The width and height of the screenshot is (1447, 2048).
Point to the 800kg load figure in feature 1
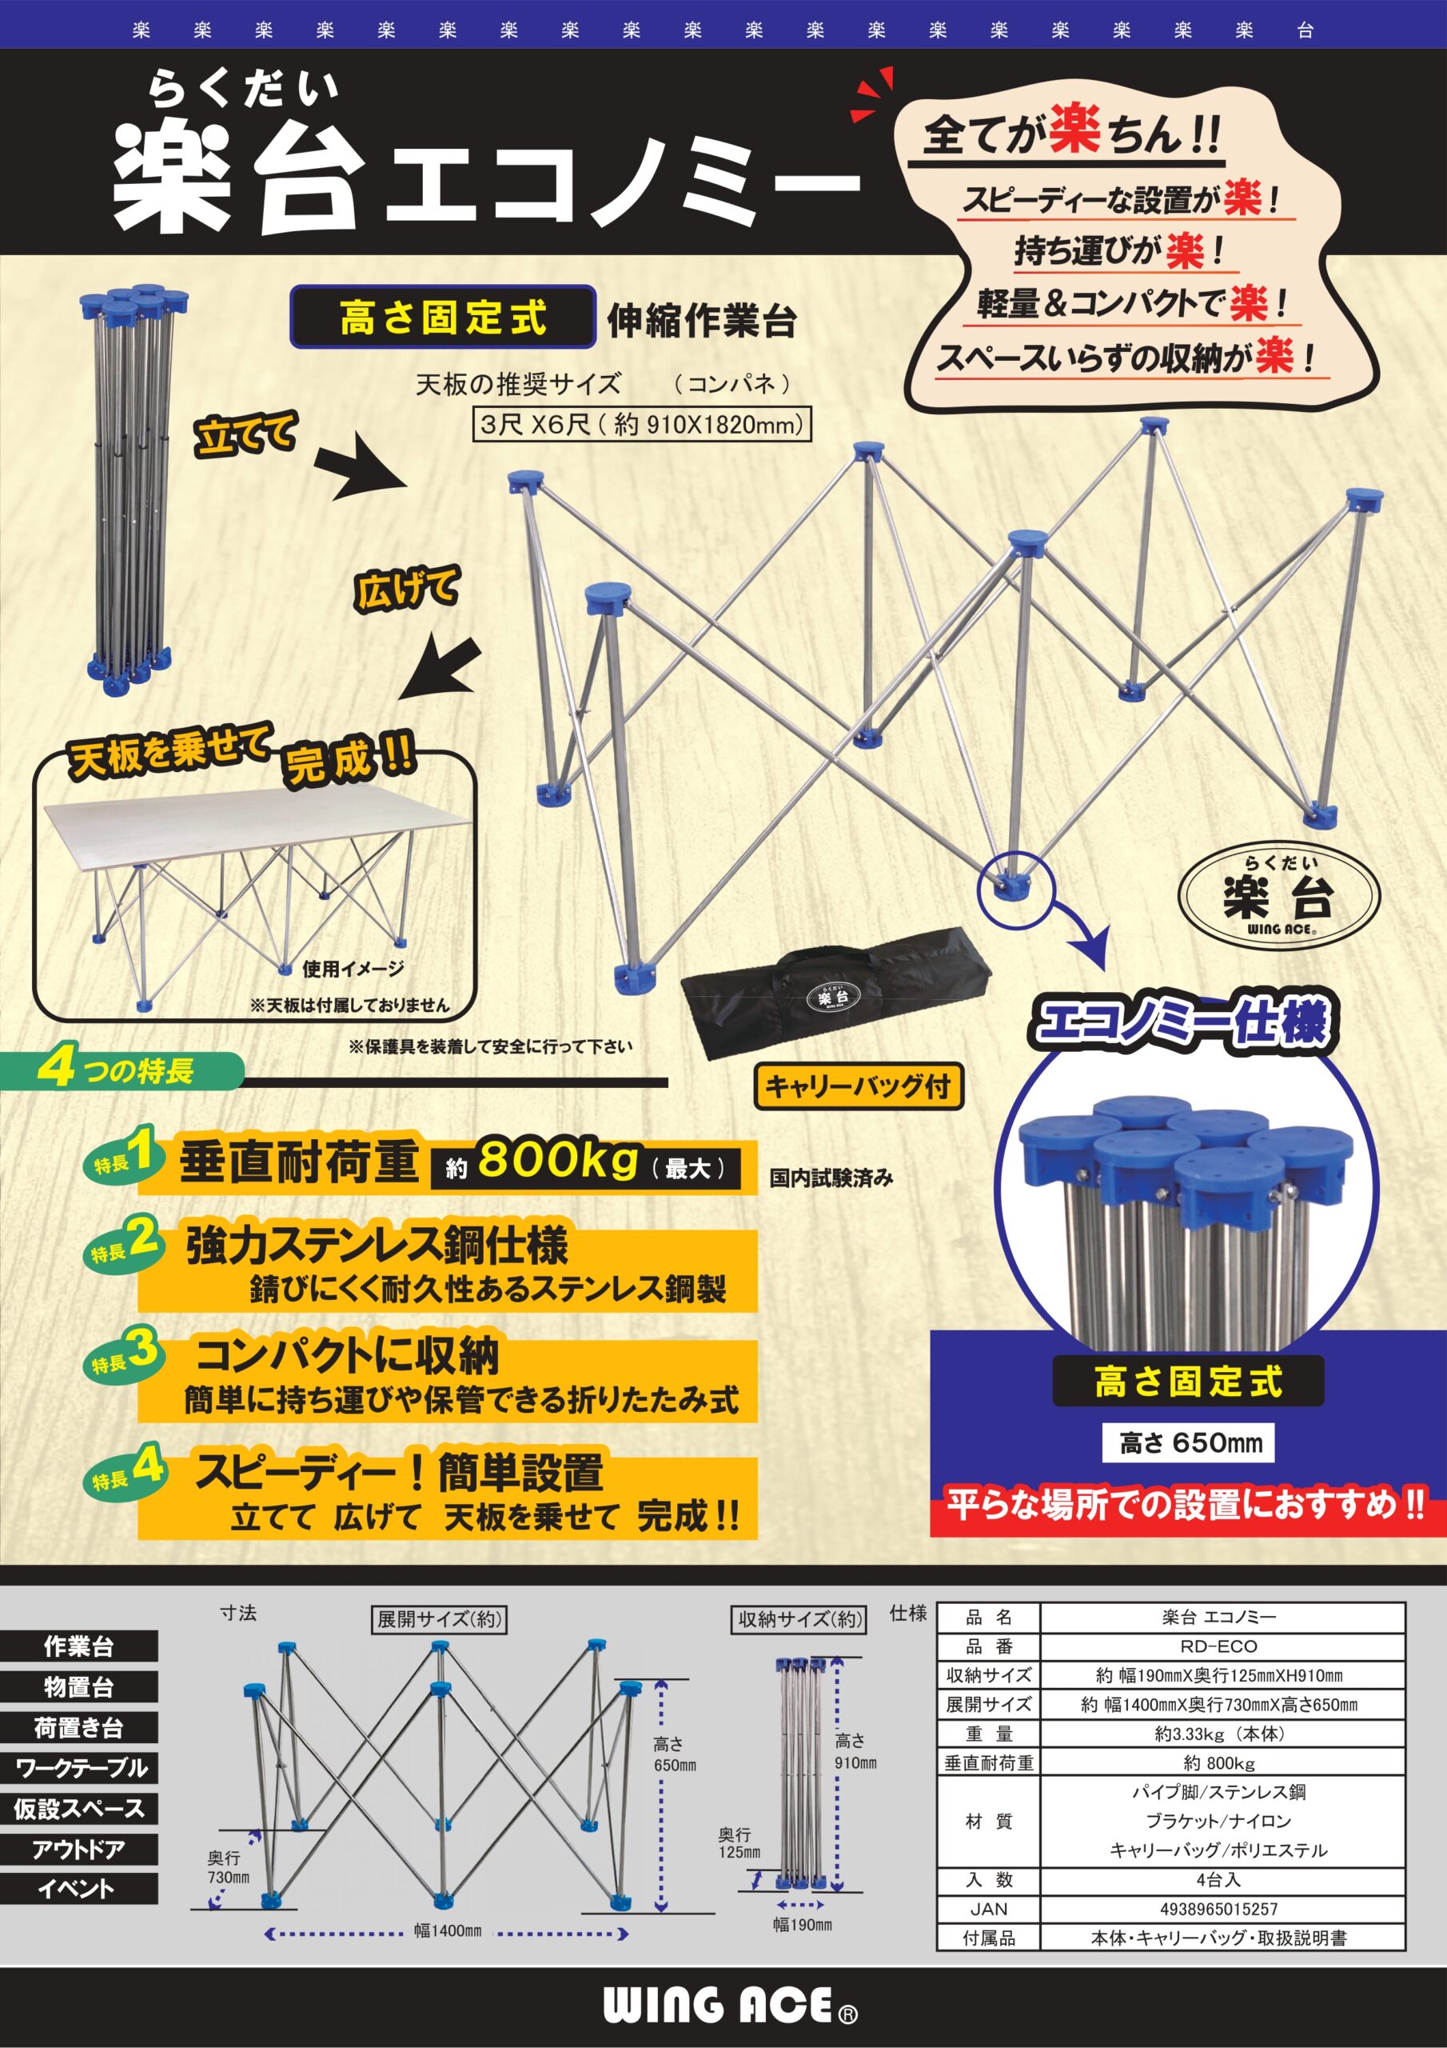pyautogui.click(x=558, y=1161)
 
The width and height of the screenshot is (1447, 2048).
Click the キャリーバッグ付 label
pyautogui.click(x=859, y=1086)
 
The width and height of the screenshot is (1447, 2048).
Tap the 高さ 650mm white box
pyautogui.click(x=1189, y=1442)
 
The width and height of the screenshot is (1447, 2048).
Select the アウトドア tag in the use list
pyautogui.click(x=78, y=1849)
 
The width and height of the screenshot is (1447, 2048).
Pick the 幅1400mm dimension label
pyautogui.click(x=447, y=1931)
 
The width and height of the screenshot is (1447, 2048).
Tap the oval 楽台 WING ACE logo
pyautogui.click(x=1278, y=894)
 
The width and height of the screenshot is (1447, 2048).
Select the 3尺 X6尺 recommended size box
pyautogui.click(x=641, y=425)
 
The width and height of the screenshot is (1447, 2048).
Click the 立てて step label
pyautogui.click(x=245, y=437)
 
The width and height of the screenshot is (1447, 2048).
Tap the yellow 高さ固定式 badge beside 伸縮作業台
pyautogui.click(x=442, y=317)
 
